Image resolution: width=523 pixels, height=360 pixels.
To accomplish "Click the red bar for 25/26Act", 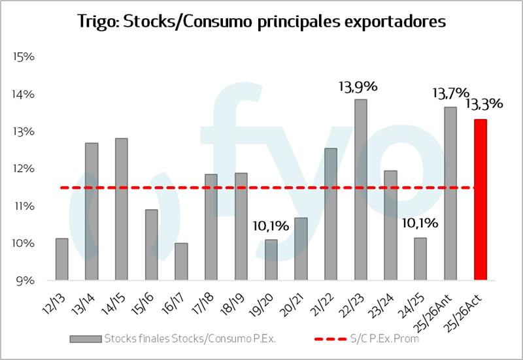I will (481, 200).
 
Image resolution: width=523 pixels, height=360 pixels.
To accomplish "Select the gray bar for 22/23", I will (361, 190).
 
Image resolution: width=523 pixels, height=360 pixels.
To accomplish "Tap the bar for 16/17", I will (181, 262).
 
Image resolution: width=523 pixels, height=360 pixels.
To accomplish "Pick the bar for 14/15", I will (122, 210).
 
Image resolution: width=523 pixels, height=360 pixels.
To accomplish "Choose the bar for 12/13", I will (62, 259).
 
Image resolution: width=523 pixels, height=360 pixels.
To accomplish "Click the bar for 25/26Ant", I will (450, 193).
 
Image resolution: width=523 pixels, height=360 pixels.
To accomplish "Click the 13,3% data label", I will (484, 104).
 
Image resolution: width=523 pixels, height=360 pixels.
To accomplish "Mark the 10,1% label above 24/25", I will (420, 223).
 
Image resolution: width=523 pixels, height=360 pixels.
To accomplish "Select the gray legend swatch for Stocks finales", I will (86, 338).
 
